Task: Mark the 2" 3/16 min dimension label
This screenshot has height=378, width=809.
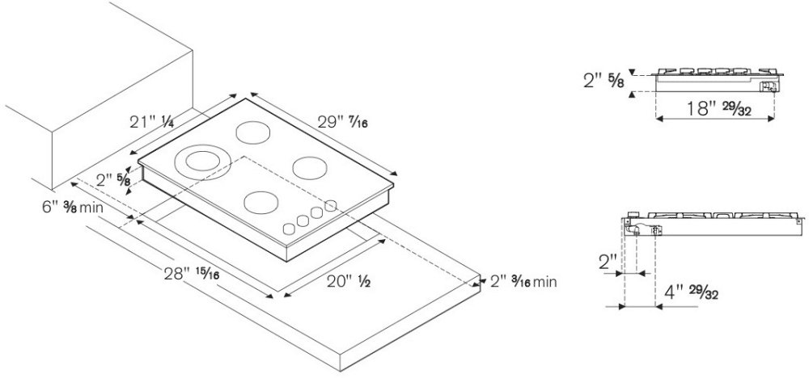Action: pos(523,283)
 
